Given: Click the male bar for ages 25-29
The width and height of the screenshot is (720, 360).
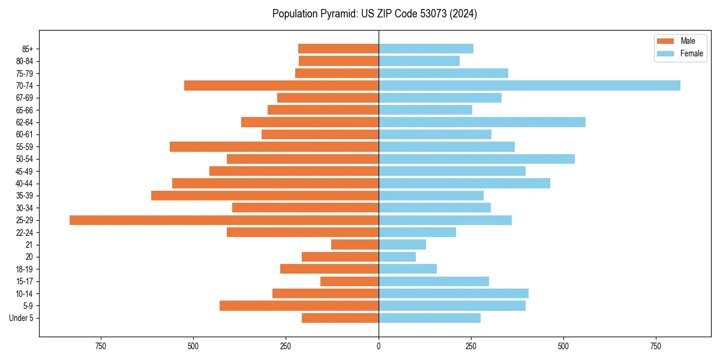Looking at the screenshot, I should coord(224,220).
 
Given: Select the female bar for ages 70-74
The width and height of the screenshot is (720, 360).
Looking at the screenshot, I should coord(529,86).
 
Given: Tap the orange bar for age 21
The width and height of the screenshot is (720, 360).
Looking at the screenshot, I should coord(355,245).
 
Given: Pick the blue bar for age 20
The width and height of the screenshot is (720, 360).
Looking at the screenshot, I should coord(397,257).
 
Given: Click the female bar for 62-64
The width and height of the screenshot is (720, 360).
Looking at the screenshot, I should coord(482,122).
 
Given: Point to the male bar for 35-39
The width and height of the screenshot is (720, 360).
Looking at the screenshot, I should coord(265,196).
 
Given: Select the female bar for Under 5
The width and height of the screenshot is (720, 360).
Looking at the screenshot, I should coord(430,318).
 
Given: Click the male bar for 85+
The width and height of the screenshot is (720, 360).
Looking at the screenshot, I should coord(338,49).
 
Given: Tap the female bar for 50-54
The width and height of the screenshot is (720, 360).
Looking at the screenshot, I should coord(476,159).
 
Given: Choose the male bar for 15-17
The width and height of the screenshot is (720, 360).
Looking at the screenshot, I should coord(349,281).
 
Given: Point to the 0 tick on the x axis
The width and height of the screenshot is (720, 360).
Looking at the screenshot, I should coord(379,347).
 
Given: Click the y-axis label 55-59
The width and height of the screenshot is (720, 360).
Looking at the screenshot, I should coord(25,147).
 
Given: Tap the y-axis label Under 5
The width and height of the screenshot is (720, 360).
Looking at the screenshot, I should coord(22,318).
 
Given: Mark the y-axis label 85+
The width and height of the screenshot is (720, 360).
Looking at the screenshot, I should coord(27,49).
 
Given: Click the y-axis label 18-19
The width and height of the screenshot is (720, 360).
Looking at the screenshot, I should coord(25,269).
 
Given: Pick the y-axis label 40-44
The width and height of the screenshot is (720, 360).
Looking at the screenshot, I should coord(25,184).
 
